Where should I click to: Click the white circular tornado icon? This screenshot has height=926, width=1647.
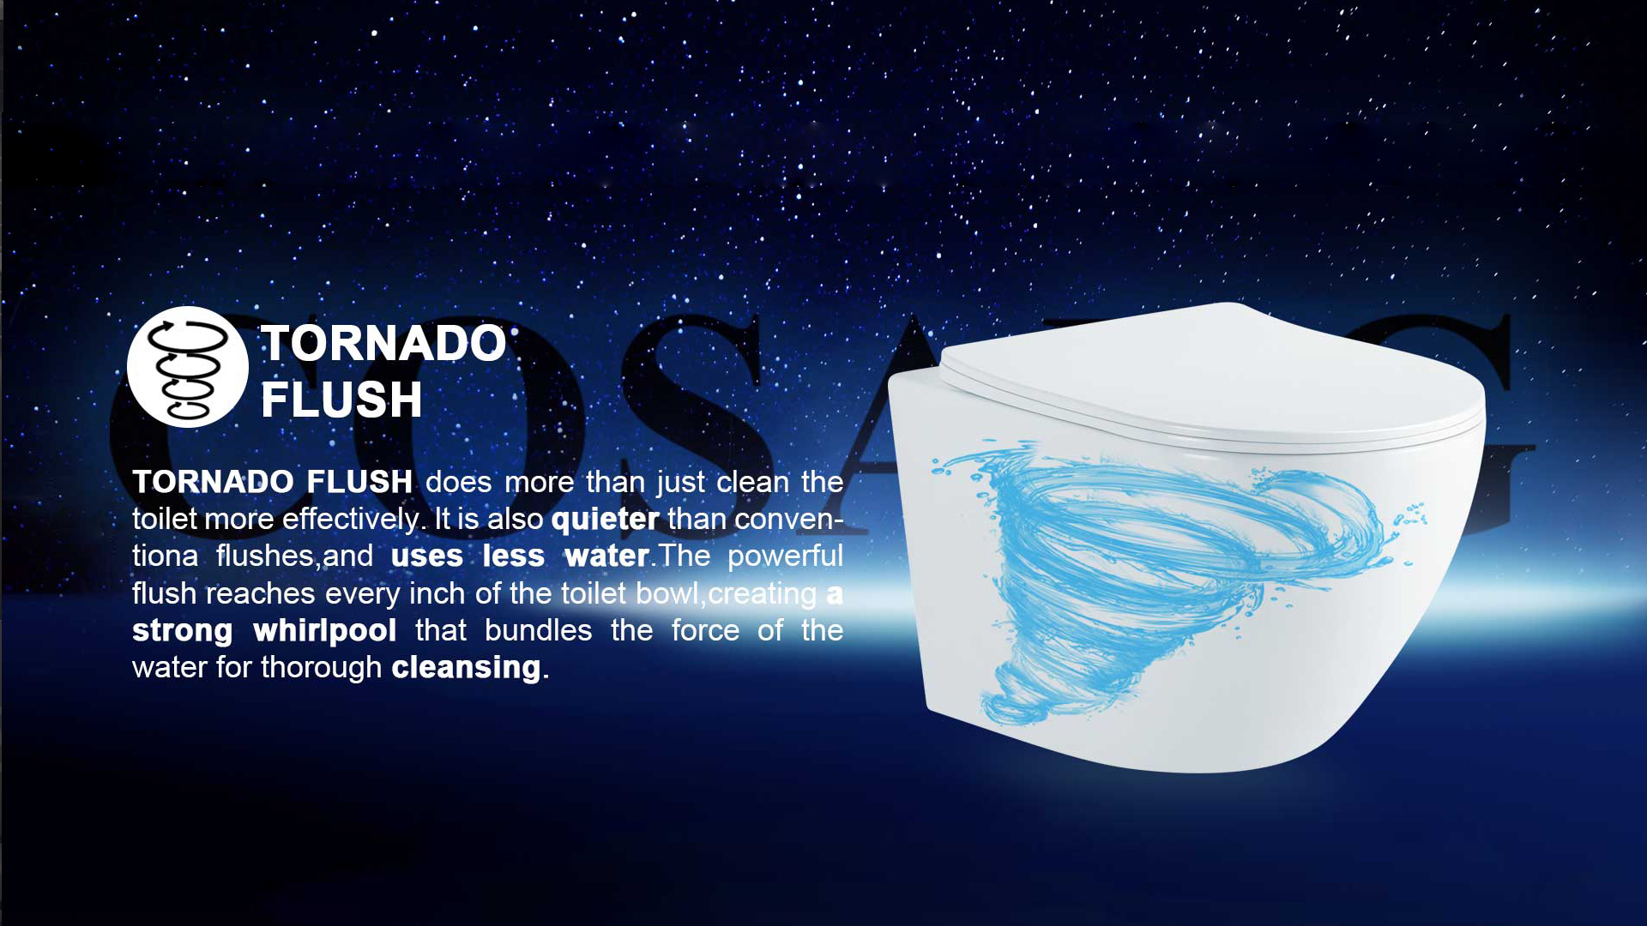click(188, 367)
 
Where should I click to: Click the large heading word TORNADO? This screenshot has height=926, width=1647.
click(383, 343)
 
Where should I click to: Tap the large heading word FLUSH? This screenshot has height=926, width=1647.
click(341, 400)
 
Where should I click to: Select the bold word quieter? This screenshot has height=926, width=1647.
click(605, 520)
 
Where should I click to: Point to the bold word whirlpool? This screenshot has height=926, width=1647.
click(324, 631)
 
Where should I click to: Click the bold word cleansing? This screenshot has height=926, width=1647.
click(466, 668)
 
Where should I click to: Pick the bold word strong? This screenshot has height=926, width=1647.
click(182, 632)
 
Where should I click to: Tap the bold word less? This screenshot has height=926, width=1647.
click(513, 556)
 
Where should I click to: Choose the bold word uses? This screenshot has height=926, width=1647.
click(426, 557)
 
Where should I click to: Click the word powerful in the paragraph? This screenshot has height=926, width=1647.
click(785, 556)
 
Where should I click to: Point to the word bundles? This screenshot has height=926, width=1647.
click(538, 631)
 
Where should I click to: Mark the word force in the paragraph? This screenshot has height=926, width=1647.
click(705, 631)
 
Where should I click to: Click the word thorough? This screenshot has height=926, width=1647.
click(321, 668)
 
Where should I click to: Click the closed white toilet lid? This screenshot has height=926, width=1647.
click(1212, 376)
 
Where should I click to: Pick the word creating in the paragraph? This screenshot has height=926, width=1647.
click(763, 594)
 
